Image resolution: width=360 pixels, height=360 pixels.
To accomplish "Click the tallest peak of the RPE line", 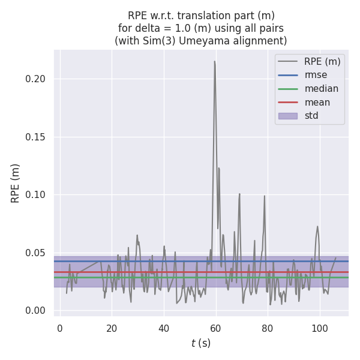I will click(x=214, y=61).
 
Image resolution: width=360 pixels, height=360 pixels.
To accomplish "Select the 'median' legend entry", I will click(x=321, y=89).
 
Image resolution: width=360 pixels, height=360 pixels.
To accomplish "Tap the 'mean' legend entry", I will click(x=317, y=102).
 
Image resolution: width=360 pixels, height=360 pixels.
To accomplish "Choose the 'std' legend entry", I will click(x=311, y=116).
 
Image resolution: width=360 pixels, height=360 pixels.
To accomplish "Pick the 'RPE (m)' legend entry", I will click(x=322, y=61).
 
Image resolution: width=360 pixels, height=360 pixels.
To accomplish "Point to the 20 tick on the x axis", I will click(x=112, y=326).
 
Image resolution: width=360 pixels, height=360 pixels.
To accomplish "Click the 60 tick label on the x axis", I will click(x=215, y=326).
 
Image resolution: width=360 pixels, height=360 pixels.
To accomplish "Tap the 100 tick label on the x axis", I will click(x=320, y=326).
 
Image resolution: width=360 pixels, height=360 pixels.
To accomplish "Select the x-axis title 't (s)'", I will click(x=201, y=343).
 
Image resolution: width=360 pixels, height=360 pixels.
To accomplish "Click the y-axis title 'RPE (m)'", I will click(x=16, y=183).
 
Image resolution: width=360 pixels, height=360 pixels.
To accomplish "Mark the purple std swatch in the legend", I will click(x=288, y=116).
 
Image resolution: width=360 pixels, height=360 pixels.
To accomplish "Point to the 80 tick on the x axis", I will click(x=268, y=326).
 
